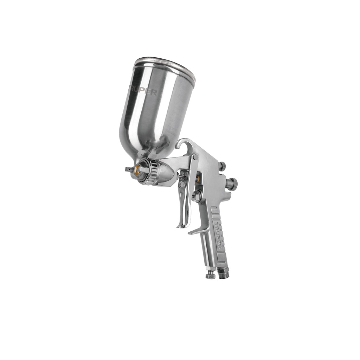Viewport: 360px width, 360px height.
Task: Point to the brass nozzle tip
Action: (136, 170)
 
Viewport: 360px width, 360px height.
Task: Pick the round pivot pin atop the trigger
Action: (195, 157)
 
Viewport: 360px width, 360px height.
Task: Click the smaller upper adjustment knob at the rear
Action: (222, 166)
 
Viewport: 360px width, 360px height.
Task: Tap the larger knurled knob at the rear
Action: (232, 184)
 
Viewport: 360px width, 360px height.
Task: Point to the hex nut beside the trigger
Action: (196, 196)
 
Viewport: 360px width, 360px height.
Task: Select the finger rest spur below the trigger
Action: (197, 230)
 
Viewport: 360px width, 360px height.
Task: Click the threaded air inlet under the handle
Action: (224, 273)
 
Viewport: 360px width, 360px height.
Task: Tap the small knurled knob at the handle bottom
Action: (210, 274)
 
